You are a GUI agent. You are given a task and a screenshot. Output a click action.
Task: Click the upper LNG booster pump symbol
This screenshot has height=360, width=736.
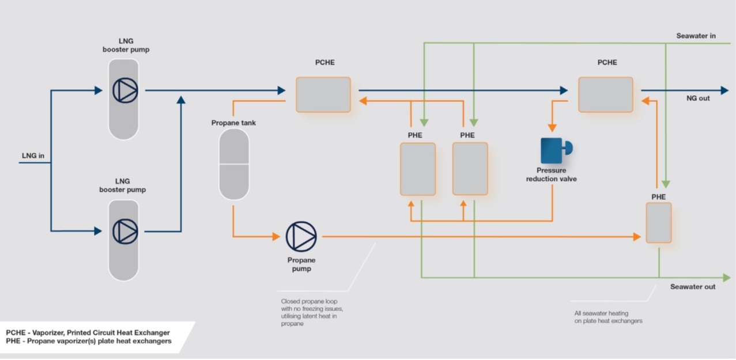(x=125, y=90)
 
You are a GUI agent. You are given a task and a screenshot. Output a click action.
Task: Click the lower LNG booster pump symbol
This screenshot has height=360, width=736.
(x=125, y=231)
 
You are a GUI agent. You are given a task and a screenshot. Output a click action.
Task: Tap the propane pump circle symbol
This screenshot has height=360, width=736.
(x=301, y=237)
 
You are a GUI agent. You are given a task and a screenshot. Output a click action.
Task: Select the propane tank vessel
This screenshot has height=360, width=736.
(x=233, y=164)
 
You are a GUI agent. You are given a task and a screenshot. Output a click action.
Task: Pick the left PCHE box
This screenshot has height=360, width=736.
(x=323, y=94)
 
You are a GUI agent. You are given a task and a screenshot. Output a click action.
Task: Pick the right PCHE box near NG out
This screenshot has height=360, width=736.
(x=605, y=94)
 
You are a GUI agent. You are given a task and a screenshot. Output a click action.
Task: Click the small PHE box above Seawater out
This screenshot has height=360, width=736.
(x=658, y=222)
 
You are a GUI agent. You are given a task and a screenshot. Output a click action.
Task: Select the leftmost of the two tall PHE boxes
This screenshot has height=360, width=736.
(x=417, y=169)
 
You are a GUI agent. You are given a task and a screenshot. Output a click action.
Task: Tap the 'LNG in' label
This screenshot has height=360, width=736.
(x=33, y=156)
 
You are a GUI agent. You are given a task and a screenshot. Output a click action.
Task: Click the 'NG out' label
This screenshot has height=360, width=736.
(x=698, y=98)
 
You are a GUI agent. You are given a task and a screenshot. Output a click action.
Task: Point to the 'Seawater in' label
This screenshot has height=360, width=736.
(x=696, y=36)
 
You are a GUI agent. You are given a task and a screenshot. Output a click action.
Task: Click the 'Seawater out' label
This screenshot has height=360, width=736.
(x=693, y=287)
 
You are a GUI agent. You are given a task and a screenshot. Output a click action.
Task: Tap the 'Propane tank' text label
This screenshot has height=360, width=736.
(x=233, y=123)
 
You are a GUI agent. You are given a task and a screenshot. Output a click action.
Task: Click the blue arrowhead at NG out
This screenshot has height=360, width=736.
(x=724, y=90)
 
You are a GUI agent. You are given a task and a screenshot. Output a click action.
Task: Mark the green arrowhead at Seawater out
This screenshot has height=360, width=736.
(x=727, y=278)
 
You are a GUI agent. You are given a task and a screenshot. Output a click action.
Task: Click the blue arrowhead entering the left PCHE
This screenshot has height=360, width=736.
(x=281, y=90)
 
